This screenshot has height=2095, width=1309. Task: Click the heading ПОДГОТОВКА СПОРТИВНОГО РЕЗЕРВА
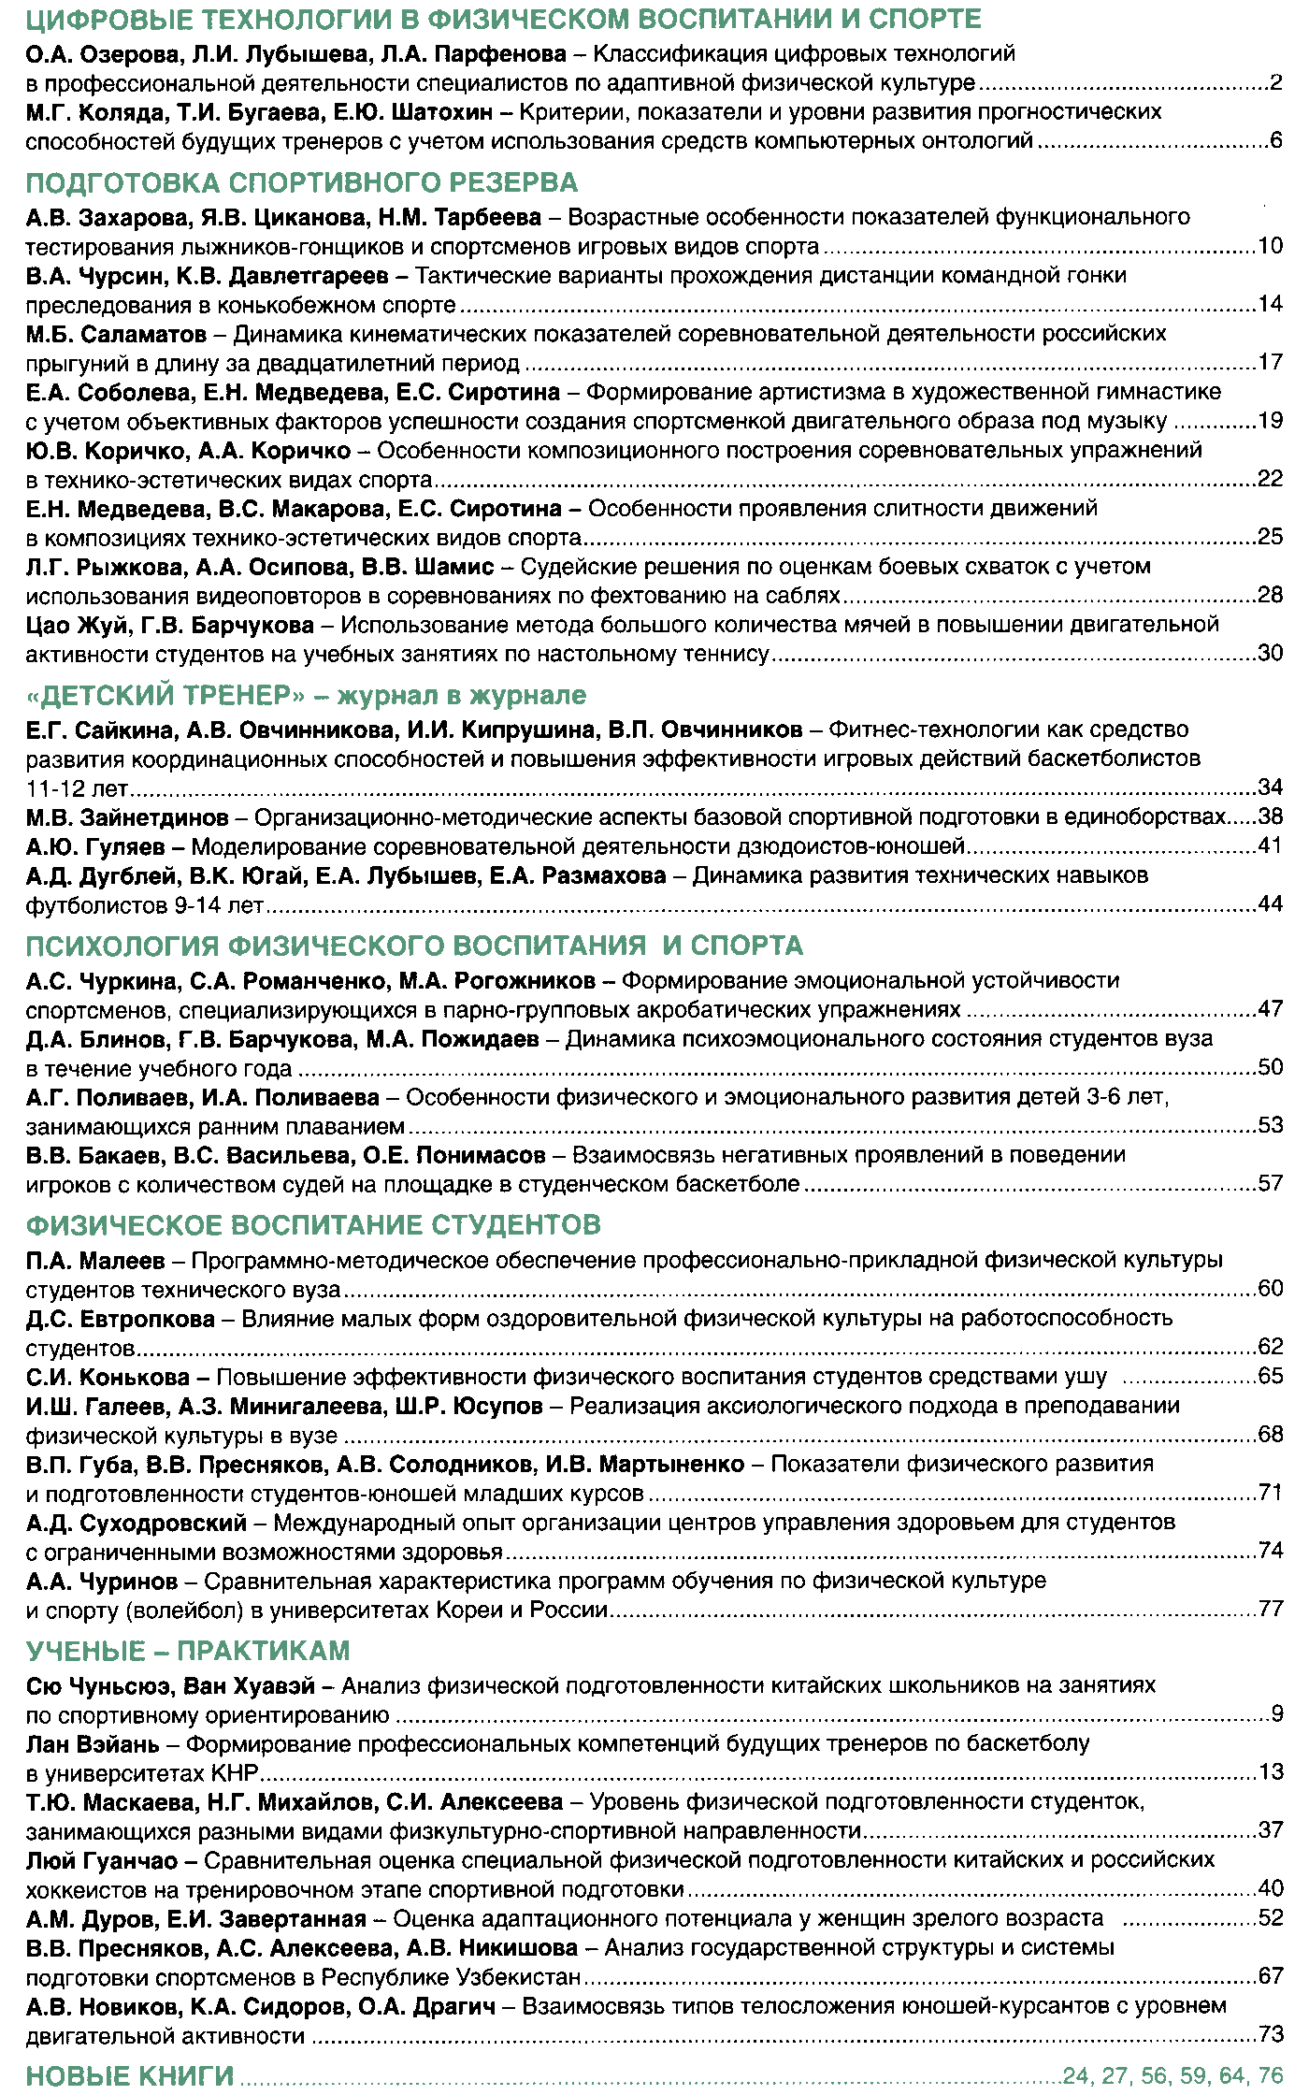(x=301, y=182)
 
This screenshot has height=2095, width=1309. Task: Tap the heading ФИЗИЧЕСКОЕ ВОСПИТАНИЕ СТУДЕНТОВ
(x=313, y=1225)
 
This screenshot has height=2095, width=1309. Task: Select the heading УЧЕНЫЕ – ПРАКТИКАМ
(x=188, y=1651)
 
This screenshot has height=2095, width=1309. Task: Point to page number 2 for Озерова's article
(x=1276, y=83)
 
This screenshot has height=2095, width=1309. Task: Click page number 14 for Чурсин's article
(x=1270, y=304)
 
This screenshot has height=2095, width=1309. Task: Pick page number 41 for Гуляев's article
(x=1270, y=846)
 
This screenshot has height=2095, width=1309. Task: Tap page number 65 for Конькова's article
(x=1270, y=1376)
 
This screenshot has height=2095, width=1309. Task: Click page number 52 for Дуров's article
(x=1270, y=1918)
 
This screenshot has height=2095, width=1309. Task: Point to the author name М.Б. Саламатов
(x=116, y=335)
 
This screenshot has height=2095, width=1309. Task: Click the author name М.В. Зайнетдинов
(x=127, y=818)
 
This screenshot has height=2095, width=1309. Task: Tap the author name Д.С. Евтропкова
(x=121, y=1319)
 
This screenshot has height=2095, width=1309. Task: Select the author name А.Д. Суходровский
(x=137, y=1523)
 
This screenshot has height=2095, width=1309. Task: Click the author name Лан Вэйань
(x=93, y=1744)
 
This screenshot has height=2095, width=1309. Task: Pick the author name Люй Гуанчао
(x=102, y=1860)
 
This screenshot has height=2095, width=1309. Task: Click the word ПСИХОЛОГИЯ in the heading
(x=121, y=946)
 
